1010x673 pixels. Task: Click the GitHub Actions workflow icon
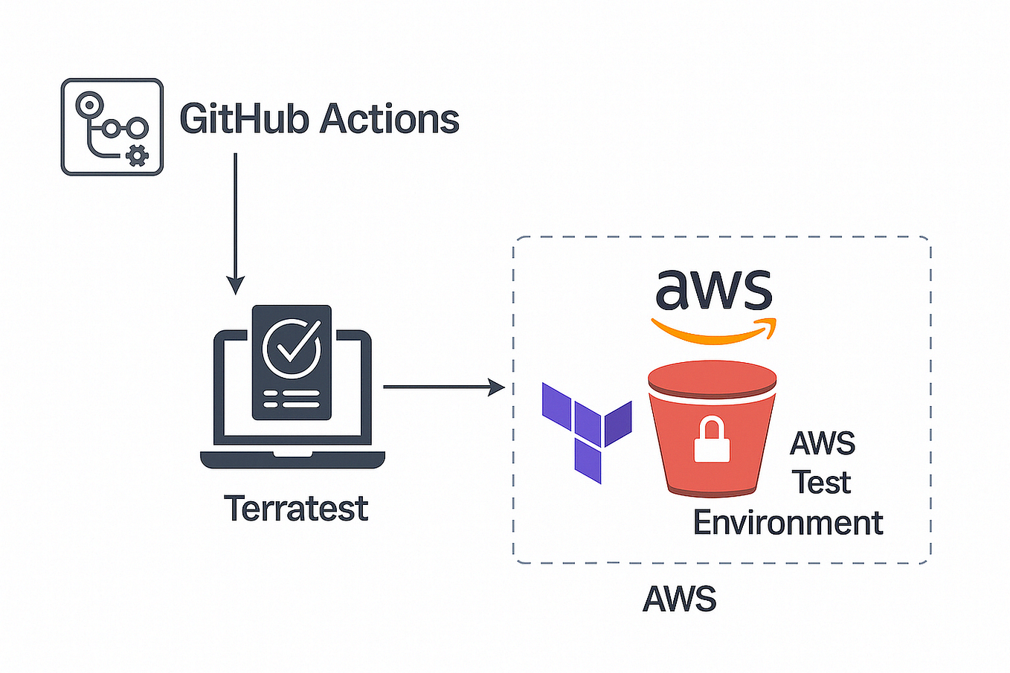pyautogui.click(x=112, y=127)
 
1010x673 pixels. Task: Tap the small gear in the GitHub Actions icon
pyautogui.click(x=137, y=156)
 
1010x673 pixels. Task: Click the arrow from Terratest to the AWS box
pyautogui.click(x=443, y=387)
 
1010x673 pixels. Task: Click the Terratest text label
pyautogui.click(x=296, y=509)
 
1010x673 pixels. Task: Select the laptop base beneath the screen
pyautogui.click(x=292, y=459)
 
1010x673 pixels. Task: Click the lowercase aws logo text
pyautogui.click(x=713, y=289)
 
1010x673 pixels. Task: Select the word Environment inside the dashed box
pyautogui.click(x=788, y=523)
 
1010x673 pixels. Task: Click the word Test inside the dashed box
pyautogui.click(x=821, y=483)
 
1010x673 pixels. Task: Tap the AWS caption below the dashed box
pyautogui.click(x=679, y=599)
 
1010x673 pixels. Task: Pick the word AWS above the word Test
pyautogui.click(x=822, y=444)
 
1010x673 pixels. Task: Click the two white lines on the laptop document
pyautogui.click(x=292, y=399)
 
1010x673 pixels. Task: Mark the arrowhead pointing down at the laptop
pyautogui.click(x=235, y=285)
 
